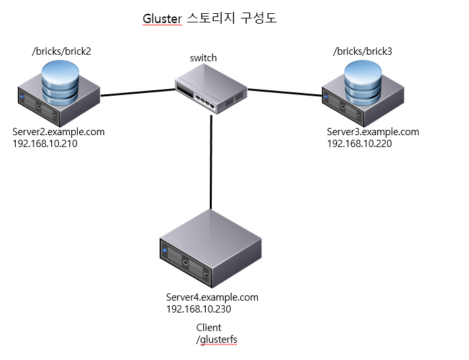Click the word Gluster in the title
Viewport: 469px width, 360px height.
[162, 18]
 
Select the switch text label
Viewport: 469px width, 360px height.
[203, 58]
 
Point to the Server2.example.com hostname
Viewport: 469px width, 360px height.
[59, 132]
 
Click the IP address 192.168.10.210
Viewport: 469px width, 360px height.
[45, 143]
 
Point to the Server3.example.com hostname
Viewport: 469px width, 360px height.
[373, 132]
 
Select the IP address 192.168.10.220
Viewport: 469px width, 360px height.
[360, 143]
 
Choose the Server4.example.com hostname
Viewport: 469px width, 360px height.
[212, 297]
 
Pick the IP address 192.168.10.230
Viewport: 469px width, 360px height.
[199, 309]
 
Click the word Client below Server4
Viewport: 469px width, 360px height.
[208, 328]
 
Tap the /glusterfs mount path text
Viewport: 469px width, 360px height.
[216, 339]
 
